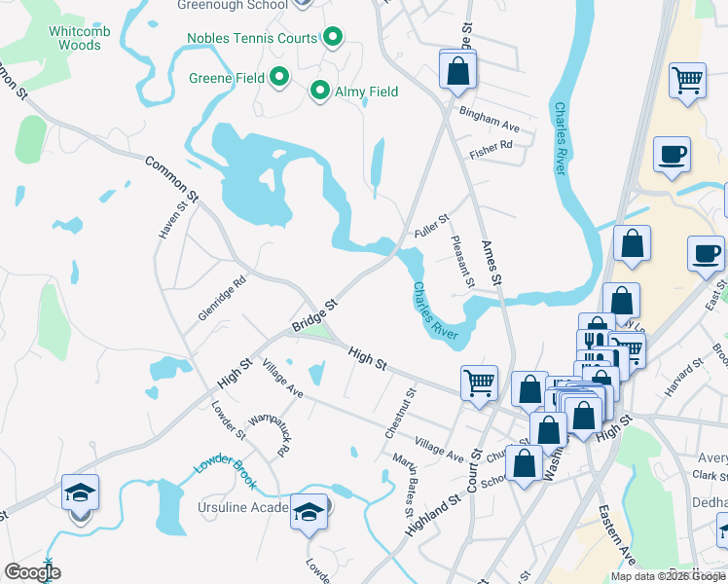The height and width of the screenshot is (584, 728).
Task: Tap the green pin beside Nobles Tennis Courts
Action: (333, 38)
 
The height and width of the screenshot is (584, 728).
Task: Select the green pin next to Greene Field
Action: (279, 76)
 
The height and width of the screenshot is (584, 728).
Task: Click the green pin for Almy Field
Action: (319, 91)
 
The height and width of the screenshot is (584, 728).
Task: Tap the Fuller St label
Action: (430, 229)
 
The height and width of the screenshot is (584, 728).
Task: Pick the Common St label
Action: (171, 179)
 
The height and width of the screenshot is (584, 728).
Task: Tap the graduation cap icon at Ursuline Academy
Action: (309, 512)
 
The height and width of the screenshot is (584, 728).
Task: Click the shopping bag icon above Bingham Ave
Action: (456, 70)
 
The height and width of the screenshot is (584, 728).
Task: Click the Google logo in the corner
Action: (31, 572)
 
